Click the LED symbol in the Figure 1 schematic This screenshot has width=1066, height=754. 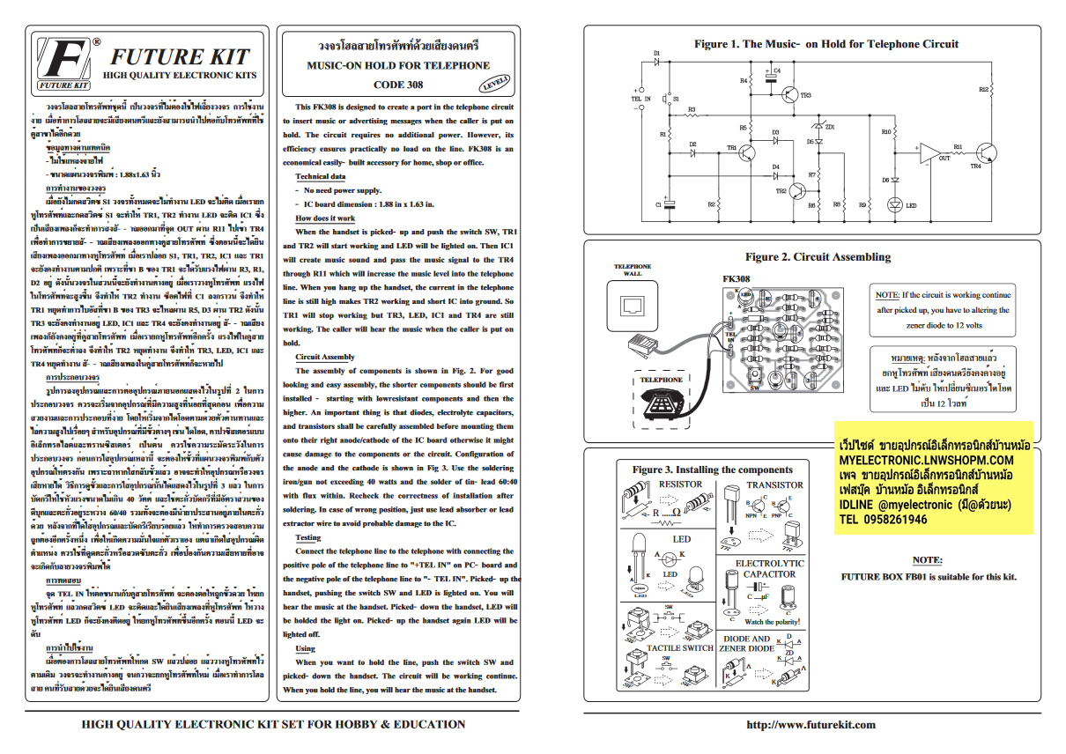(x=895, y=205)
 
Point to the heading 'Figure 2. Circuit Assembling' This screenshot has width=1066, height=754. (x=818, y=257)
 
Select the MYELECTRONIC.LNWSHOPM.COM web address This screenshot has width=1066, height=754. (x=926, y=460)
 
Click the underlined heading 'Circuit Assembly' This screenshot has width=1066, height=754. (x=325, y=357)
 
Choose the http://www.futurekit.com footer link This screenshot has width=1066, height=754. (x=811, y=725)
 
